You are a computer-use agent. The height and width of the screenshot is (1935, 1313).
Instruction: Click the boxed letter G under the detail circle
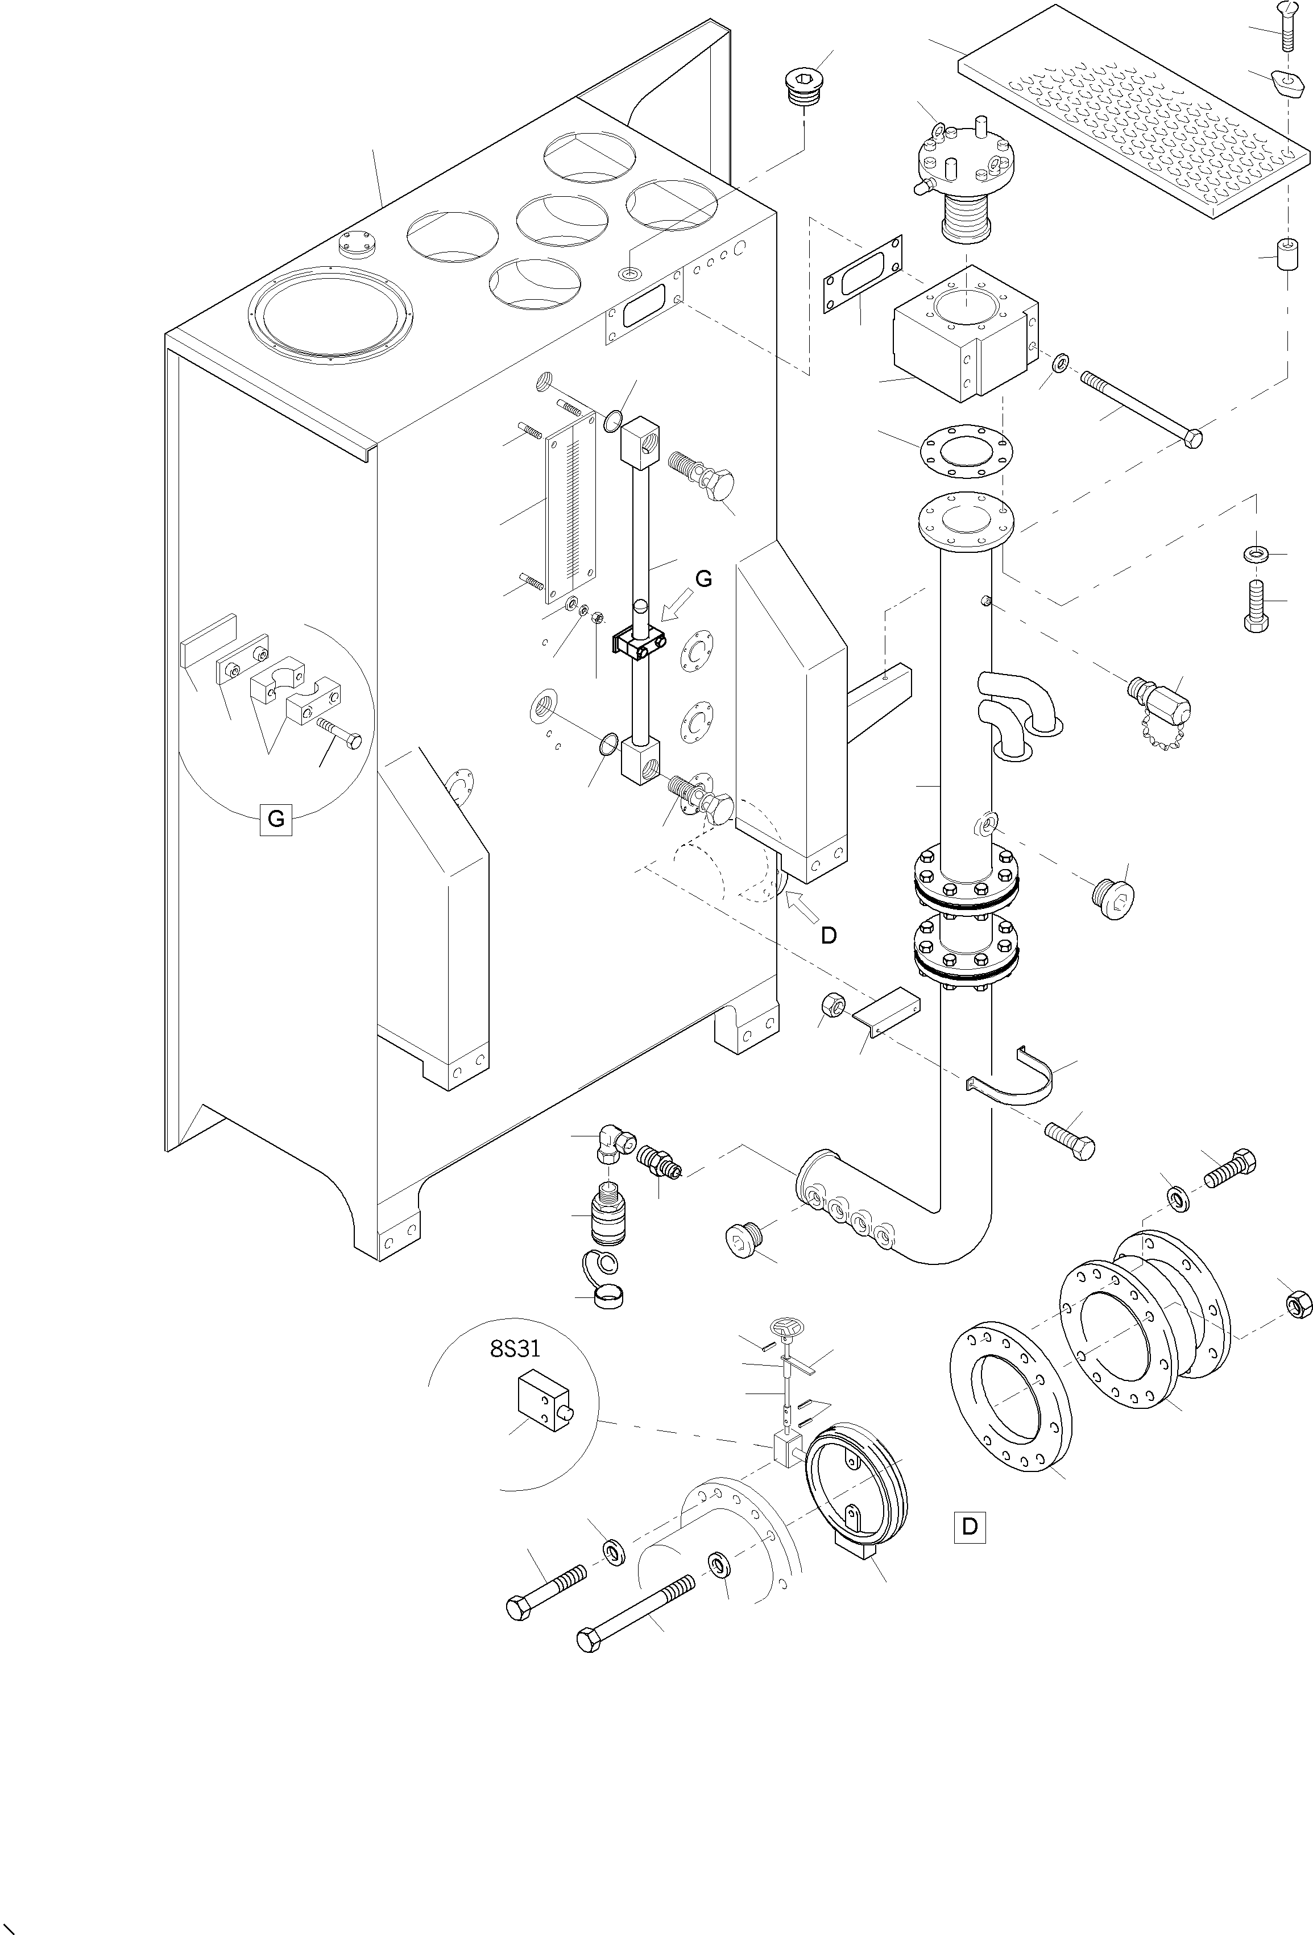coord(276,818)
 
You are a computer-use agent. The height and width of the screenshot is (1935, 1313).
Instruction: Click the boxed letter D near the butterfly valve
coord(969,1526)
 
